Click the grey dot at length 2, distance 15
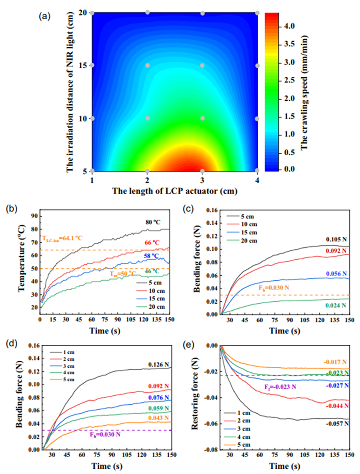(x=148, y=66)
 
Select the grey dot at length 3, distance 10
(x=202, y=118)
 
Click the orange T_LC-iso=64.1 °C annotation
(x=64, y=238)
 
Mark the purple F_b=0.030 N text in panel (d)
(x=106, y=434)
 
